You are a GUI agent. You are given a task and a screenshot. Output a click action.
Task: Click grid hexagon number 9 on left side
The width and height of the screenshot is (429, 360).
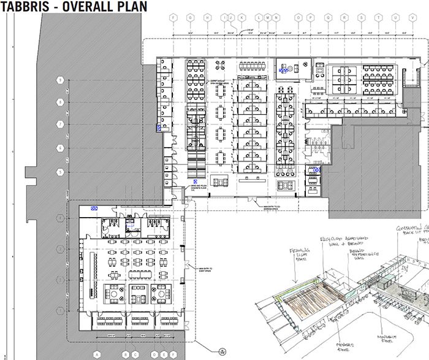[60, 80]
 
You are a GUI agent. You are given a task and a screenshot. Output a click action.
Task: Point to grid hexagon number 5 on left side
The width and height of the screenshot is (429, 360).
[60, 171]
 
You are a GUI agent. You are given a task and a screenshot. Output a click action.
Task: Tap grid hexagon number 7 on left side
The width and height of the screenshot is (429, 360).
[60, 124]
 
